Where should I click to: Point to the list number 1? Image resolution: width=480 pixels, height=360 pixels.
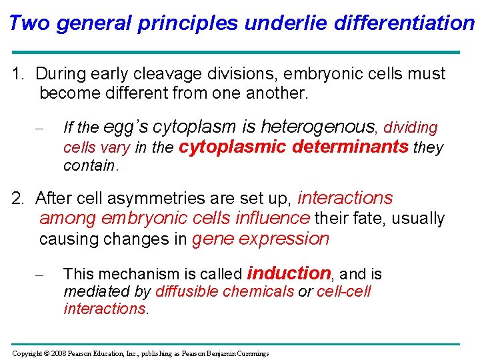click(18, 74)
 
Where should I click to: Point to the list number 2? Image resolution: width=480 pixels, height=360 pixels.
click(18, 199)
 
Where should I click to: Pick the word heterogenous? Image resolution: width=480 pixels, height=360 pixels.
click(319, 127)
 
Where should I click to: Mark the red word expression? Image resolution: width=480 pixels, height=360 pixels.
click(287, 239)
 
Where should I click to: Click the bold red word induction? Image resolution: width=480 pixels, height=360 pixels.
click(289, 273)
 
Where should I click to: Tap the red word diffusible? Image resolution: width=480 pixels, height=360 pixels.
click(189, 292)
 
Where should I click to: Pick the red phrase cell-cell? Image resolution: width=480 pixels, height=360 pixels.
click(343, 292)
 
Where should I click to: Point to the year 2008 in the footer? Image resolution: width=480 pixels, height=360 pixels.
click(58, 353)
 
